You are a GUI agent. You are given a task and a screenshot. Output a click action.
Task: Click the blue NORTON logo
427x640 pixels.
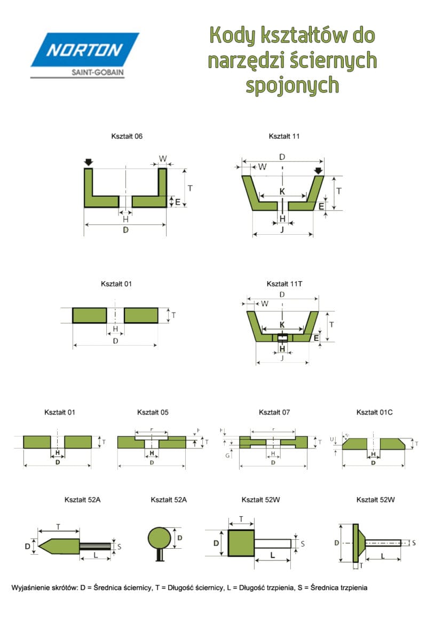85,50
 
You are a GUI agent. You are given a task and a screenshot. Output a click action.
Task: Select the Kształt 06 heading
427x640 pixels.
126,137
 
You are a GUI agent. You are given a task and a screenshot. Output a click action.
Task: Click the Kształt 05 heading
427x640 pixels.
153,412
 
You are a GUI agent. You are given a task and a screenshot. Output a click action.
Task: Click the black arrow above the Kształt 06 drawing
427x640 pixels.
89,162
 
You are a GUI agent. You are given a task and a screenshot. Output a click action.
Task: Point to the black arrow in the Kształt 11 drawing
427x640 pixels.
319,171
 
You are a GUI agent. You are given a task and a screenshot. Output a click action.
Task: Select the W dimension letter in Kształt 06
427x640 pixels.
162,158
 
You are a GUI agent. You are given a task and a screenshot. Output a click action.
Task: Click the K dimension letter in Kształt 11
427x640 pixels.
282,191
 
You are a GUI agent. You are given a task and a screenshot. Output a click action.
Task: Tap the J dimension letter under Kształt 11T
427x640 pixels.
282,358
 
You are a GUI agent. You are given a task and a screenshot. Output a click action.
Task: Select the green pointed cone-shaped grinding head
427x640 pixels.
60,545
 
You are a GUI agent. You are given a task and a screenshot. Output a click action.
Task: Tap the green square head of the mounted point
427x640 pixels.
241,543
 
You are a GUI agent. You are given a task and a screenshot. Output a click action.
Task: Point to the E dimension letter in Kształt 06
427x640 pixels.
177,202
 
